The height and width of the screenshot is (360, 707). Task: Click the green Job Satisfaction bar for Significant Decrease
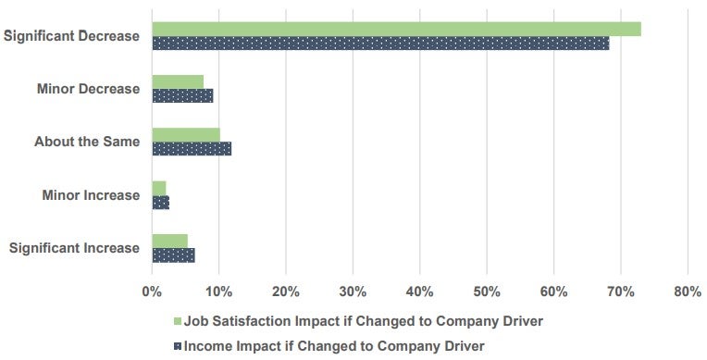coord(396,29)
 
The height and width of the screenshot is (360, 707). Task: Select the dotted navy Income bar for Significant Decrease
coord(380,43)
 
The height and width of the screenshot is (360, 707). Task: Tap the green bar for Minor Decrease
coord(178,81)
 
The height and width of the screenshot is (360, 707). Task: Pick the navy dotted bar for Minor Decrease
coord(182,95)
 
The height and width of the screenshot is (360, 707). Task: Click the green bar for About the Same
coord(186,135)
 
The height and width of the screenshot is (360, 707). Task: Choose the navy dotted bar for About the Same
coord(192,148)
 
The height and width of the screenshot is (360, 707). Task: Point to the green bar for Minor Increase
coord(159,188)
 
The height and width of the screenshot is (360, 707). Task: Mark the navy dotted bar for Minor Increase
coord(160,202)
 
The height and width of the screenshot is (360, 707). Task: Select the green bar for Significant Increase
coord(169,241)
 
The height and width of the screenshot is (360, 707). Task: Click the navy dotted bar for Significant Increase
coord(173,254)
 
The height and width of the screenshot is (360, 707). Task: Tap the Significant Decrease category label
coord(71,36)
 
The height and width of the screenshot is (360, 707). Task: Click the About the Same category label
coord(87,142)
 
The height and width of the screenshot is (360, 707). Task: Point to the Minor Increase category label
coord(91,195)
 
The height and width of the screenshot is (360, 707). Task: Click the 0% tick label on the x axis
coord(152,292)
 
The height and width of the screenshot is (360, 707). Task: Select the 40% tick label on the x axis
coord(420,292)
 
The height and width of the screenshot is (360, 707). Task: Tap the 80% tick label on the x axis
coord(688,292)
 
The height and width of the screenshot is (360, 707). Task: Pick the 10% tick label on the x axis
coord(218,292)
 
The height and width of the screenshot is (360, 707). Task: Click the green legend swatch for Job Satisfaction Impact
coord(177,321)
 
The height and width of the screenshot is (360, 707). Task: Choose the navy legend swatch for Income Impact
coord(177,346)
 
